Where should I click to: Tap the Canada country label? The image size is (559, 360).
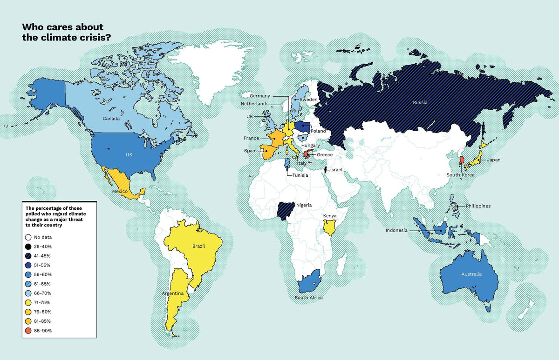point(112,118)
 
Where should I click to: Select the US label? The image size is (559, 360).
point(129,154)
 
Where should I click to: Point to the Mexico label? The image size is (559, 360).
point(120,192)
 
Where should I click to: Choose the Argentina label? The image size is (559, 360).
point(172,294)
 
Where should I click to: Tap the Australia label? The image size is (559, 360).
point(471,274)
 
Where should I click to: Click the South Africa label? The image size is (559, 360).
point(308,298)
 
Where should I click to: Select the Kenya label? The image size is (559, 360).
point(330,216)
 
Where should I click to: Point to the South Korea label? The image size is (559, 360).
point(460,175)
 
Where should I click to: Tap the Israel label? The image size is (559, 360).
point(335,170)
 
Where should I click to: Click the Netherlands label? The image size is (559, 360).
point(255,103)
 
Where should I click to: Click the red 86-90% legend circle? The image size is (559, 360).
point(29,331)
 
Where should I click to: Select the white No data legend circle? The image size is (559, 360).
point(29,237)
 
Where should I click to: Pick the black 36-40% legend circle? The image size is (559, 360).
point(29,247)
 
